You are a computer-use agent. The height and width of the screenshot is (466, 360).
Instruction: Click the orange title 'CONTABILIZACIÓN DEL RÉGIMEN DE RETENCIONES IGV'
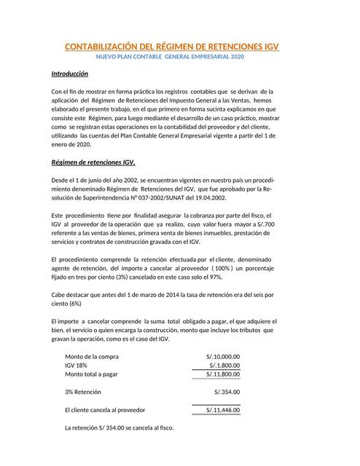tap(172, 47)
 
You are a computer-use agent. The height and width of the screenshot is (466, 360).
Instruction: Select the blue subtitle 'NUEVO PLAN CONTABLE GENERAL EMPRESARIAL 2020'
tap(171, 57)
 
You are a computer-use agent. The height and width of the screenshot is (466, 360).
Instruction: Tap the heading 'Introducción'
tap(69, 74)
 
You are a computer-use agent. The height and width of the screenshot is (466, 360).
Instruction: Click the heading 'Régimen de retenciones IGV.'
tap(93, 162)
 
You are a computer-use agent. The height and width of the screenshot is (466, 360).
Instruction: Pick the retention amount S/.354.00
tap(227, 392)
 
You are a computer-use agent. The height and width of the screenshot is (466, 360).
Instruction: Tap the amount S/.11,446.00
tap(222, 410)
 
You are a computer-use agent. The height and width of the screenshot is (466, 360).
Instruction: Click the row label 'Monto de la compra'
tap(92, 356)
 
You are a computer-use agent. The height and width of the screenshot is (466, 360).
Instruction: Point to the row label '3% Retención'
tap(82, 392)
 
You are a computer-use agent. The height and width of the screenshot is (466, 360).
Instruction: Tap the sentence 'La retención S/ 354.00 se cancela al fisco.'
tap(120, 427)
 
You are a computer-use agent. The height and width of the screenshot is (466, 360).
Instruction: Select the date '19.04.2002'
tap(208, 197)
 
